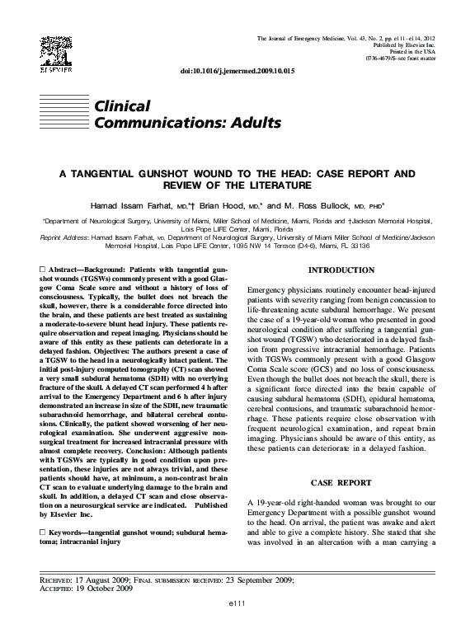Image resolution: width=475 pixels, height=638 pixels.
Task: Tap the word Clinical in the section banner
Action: click(123, 106)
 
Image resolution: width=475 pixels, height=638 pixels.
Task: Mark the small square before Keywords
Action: click(43, 534)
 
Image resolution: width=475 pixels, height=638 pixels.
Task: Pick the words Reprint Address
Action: click(65, 237)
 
